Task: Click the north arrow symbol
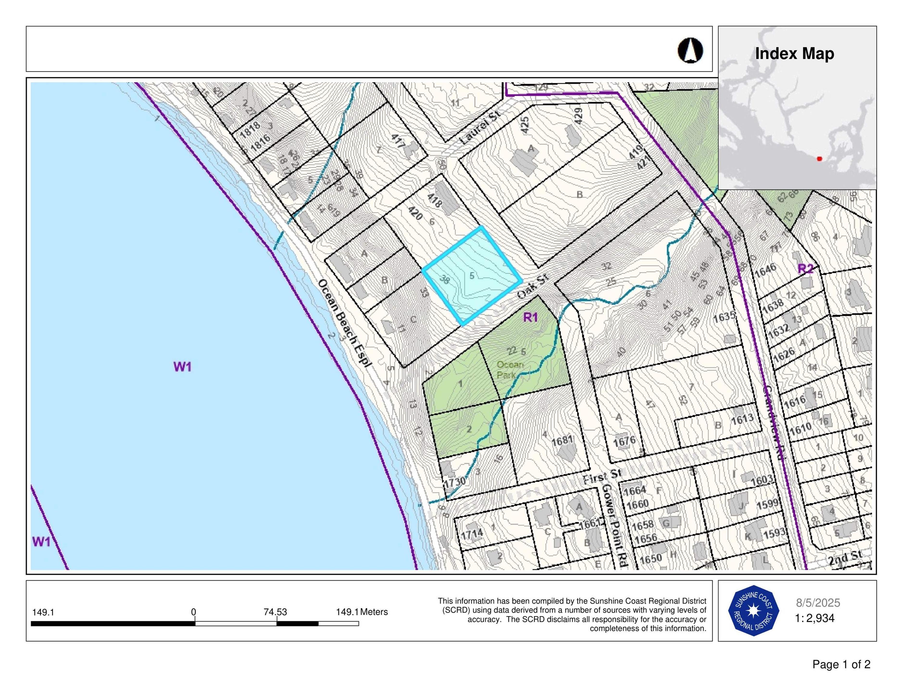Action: pos(690,51)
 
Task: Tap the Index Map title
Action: pos(794,54)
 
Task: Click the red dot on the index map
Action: pos(819,159)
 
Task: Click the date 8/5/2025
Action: pos(818,603)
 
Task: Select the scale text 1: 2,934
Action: pos(815,618)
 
